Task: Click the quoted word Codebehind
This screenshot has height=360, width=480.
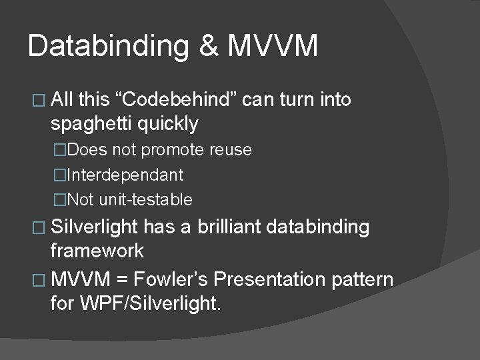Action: (176, 100)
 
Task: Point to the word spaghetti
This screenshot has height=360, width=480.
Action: (91, 123)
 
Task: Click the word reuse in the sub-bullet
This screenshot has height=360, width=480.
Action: (229, 150)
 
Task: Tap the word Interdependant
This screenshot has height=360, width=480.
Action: (125, 175)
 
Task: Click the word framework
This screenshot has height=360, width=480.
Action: (97, 251)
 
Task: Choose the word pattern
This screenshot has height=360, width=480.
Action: (363, 279)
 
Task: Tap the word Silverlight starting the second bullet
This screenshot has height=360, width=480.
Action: (93, 227)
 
